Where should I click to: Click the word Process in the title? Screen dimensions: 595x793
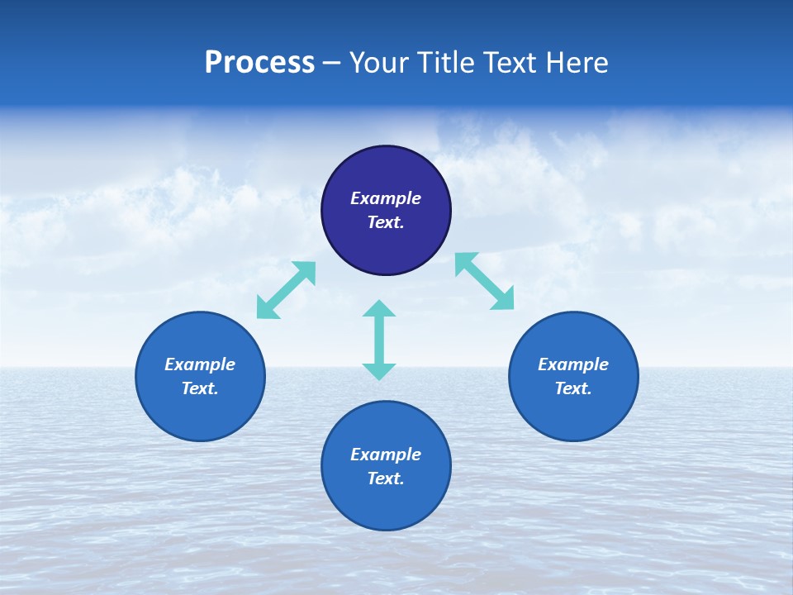pos(259,63)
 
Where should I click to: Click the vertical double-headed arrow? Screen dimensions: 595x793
pos(379,340)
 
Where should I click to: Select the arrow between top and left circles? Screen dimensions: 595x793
pos(286,290)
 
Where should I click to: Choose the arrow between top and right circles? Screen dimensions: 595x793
pos(484,281)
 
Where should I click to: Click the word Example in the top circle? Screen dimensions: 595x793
pos(386,198)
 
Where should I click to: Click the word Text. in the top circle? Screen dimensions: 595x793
pos(386,222)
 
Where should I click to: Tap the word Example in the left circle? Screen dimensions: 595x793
pos(200,364)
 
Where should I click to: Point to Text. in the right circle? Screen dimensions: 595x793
pos(573,388)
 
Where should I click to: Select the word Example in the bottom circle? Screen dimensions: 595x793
pos(386,455)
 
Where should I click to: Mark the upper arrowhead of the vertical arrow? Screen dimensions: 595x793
pos(379,308)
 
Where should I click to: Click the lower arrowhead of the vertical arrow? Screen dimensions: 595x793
pos(379,371)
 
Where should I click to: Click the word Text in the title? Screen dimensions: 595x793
pos(510,63)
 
